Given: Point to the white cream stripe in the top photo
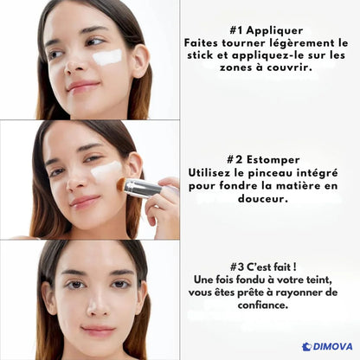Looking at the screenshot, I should pos(106,57).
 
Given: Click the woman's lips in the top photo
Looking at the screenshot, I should pos(84,87).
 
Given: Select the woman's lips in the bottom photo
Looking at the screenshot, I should pos(97,331).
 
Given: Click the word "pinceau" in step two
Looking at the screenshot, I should pos(275,172).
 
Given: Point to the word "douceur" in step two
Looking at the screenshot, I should pos(266,198).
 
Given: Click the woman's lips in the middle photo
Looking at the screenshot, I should pos(85,202).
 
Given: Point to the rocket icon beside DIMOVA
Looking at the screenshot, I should pos(306,347).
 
